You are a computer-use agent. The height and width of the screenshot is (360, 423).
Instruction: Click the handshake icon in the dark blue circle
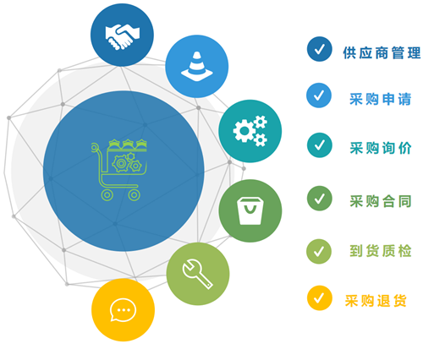point(123,36)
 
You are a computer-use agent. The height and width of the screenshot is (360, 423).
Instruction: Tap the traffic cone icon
point(197,67)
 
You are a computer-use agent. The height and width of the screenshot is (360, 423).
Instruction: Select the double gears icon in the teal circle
point(250,131)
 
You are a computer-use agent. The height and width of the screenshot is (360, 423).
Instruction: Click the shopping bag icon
point(250,210)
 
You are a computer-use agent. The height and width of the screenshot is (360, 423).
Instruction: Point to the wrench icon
point(197,274)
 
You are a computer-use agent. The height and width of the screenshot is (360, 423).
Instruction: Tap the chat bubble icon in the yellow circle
point(123,310)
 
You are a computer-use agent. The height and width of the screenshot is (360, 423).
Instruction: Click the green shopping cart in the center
point(119,170)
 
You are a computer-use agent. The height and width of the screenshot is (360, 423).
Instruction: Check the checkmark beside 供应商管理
point(320,49)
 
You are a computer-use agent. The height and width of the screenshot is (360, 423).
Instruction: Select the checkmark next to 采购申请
point(319,95)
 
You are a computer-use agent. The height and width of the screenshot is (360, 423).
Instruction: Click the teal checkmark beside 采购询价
point(320,145)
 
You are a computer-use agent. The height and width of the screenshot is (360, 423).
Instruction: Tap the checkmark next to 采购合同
point(320,199)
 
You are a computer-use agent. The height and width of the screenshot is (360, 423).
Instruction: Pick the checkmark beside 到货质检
point(319,251)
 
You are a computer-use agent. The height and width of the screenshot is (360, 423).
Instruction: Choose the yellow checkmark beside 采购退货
point(320,298)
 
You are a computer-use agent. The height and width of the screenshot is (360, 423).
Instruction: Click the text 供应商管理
point(382,52)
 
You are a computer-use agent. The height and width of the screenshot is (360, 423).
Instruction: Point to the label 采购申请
point(381,99)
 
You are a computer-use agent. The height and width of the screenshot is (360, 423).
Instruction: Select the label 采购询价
point(381,148)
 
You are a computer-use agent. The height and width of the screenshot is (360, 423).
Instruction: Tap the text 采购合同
point(381,201)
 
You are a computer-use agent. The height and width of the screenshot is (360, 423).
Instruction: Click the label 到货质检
point(381,251)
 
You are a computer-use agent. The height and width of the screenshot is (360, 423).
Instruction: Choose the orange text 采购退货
point(376,301)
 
